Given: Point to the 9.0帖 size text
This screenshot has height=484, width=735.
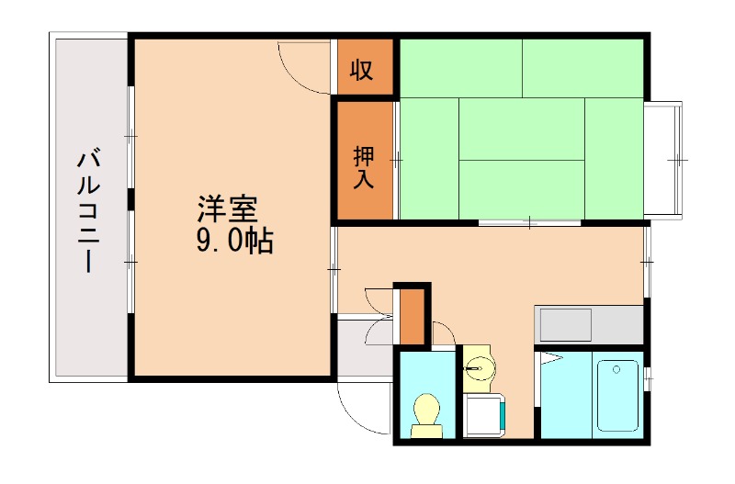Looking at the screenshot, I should pyautogui.click(x=232, y=241).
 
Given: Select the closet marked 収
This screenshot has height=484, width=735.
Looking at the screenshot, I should pyautogui.click(x=361, y=70).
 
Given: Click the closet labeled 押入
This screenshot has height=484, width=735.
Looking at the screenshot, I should pyautogui.click(x=364, y=166).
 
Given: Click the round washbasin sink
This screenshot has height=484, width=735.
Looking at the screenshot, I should pyautogui.click(x=477, y=370).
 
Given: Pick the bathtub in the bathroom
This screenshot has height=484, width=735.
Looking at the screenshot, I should pyautogui.click(x=617, y=395).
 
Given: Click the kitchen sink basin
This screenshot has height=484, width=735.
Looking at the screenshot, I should pyautogui.click(x=565, y=324).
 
